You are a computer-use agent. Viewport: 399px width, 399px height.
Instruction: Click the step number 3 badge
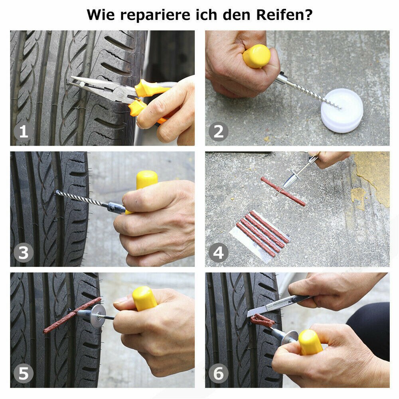pyautogui.click(x=24, y=253)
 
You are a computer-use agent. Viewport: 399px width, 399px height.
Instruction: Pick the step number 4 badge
pyautogui.click(x=219, y=253)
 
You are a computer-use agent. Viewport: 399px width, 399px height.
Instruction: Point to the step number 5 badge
pyautogui.click(x=24, y=374)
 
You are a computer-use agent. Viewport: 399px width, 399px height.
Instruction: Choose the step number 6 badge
pyautogui.click(x=219, y=374)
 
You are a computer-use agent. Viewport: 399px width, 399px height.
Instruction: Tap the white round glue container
pyautogui.click(x=342, y=111)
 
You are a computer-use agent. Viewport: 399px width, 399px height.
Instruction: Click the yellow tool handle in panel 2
pyautogui.click(x=256, y=56)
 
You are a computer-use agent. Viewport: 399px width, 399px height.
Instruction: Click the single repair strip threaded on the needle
pyautogui.click(x=283, y=192)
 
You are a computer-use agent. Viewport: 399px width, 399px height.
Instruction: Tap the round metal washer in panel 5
pyautogui.click(x=98, y=316)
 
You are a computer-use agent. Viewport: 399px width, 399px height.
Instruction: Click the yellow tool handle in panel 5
pyautogui.click(x=144, y=298)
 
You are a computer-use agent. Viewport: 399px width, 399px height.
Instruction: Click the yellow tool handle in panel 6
pyautogui.click(x=310, y=342)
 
